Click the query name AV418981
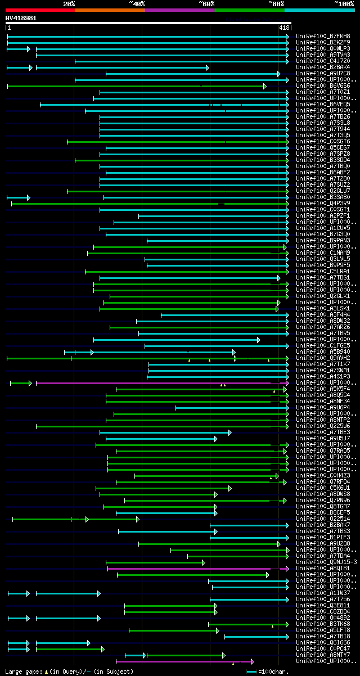(21, 18)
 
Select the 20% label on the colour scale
(69, 4)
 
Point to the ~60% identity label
(206, 4)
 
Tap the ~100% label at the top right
(344, 4)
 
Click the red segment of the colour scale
(40, 10)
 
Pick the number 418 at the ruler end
(283, 28)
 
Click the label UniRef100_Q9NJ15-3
(326, 562)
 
